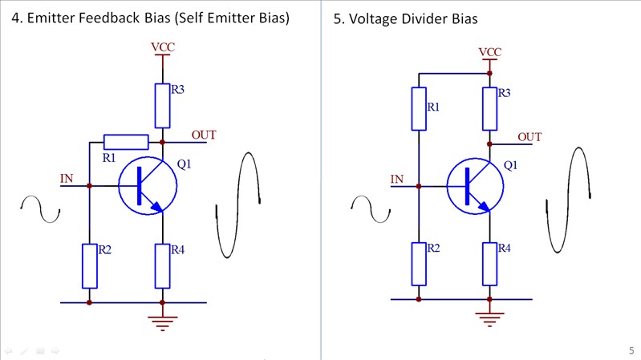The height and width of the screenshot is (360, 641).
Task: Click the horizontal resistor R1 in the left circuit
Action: point(126,143)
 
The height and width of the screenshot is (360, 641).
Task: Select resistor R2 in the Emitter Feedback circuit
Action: point(89,266)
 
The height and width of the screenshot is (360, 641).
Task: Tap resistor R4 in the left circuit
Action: point(162,266)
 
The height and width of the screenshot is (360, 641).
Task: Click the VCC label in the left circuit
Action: point(162,47)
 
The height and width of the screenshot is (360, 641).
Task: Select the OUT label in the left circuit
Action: point(204,135)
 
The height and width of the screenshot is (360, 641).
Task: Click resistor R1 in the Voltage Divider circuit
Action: point(419,108)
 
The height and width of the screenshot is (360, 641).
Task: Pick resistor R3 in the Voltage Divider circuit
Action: point(489,108)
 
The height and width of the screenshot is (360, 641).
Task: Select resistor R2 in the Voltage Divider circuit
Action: point(419,263)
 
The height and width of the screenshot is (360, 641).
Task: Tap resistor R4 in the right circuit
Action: point(489,263)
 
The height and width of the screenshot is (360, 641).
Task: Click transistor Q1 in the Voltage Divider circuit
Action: point(475,187)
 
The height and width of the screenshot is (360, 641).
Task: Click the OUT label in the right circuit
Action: point(529,137)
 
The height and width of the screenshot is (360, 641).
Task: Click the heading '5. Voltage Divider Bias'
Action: point(405,18)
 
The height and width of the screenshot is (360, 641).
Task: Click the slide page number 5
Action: point(631,350)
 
